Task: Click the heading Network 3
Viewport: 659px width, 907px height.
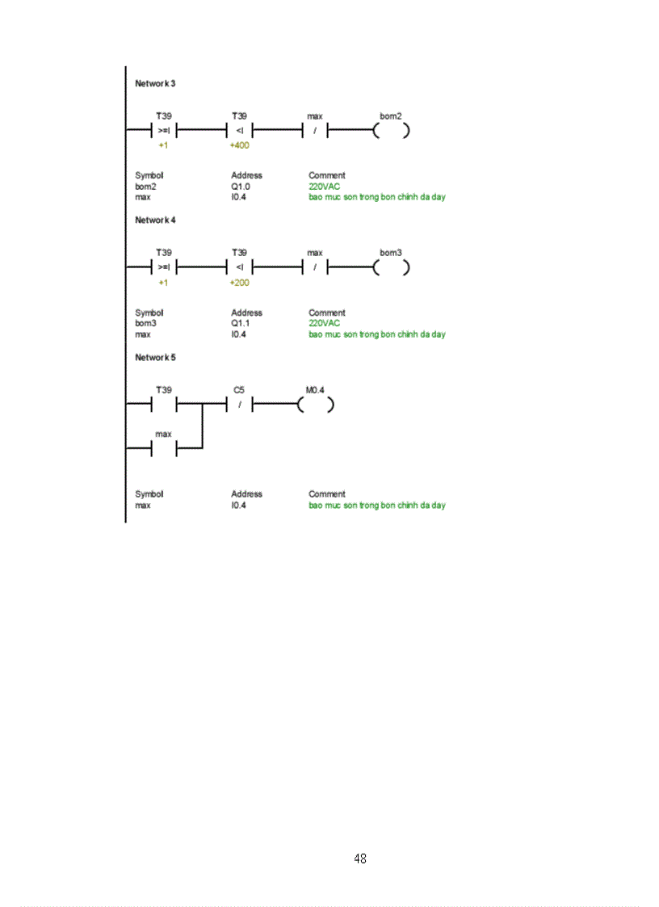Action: [x=155, y=84]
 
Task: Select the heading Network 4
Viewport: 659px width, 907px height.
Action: [x=155, y=220]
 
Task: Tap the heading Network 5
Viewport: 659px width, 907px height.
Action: [x=155, y=357]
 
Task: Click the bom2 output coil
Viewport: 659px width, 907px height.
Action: [x=391, y=130]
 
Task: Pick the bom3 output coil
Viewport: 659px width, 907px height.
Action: [x=391, y=267]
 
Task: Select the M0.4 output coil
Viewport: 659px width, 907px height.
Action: [x=315, y=404]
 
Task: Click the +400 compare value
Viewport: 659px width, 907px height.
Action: [x=240, y=146]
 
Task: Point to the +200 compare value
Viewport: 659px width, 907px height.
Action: [x=240, y=283]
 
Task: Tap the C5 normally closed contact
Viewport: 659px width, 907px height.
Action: [x=240, y=404]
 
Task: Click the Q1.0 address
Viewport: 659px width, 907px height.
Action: [x=241, y=187]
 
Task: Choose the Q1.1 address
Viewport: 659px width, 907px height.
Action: [x=241, y=323]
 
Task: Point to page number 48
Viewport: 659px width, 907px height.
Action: [x=360, y=859]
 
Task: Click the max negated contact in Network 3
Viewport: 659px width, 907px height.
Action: [x=315, y=130]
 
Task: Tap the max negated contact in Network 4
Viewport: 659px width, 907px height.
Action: [x=315, y=267]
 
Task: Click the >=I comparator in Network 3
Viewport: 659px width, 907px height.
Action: [x=164, y=130]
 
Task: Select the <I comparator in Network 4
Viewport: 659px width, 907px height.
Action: [x=240, y=267]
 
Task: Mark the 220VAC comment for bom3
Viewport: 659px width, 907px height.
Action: [x=324, y=323]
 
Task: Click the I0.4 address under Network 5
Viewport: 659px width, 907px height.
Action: [x=238, y=506]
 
